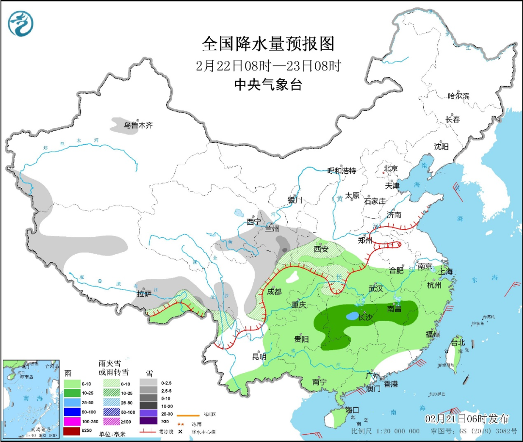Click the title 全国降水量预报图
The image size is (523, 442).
click(268, 44)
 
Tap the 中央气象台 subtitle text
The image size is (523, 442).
click(268, 85)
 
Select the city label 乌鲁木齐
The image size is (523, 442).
click(138, 125)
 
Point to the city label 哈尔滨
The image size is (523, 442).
click(458, 96)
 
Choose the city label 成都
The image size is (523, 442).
click(274, 292)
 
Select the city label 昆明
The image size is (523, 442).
click(259, 357)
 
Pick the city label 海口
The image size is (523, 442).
click(353, 410)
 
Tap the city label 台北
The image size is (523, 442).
click(458, 342)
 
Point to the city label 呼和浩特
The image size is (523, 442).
click(341, 170)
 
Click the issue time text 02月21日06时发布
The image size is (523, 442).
click(467, 418)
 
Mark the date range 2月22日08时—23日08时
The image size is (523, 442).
click(268, 65)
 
